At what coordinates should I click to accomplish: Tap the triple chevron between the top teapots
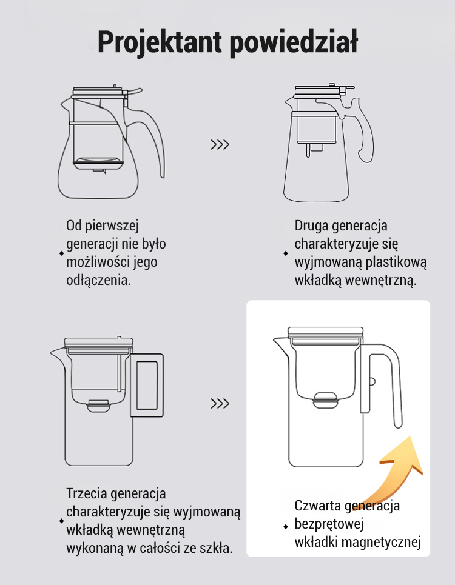[220, 144]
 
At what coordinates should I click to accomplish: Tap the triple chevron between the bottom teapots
[220, 403]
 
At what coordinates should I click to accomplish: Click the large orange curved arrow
[401, 470]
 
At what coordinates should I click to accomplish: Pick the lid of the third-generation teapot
[98, 342]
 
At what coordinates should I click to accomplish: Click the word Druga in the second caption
[311, 226]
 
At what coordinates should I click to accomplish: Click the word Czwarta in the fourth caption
[318, 506]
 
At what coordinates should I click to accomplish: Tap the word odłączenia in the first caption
[98, 280]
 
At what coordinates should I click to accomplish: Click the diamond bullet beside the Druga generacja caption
[286, 253]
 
